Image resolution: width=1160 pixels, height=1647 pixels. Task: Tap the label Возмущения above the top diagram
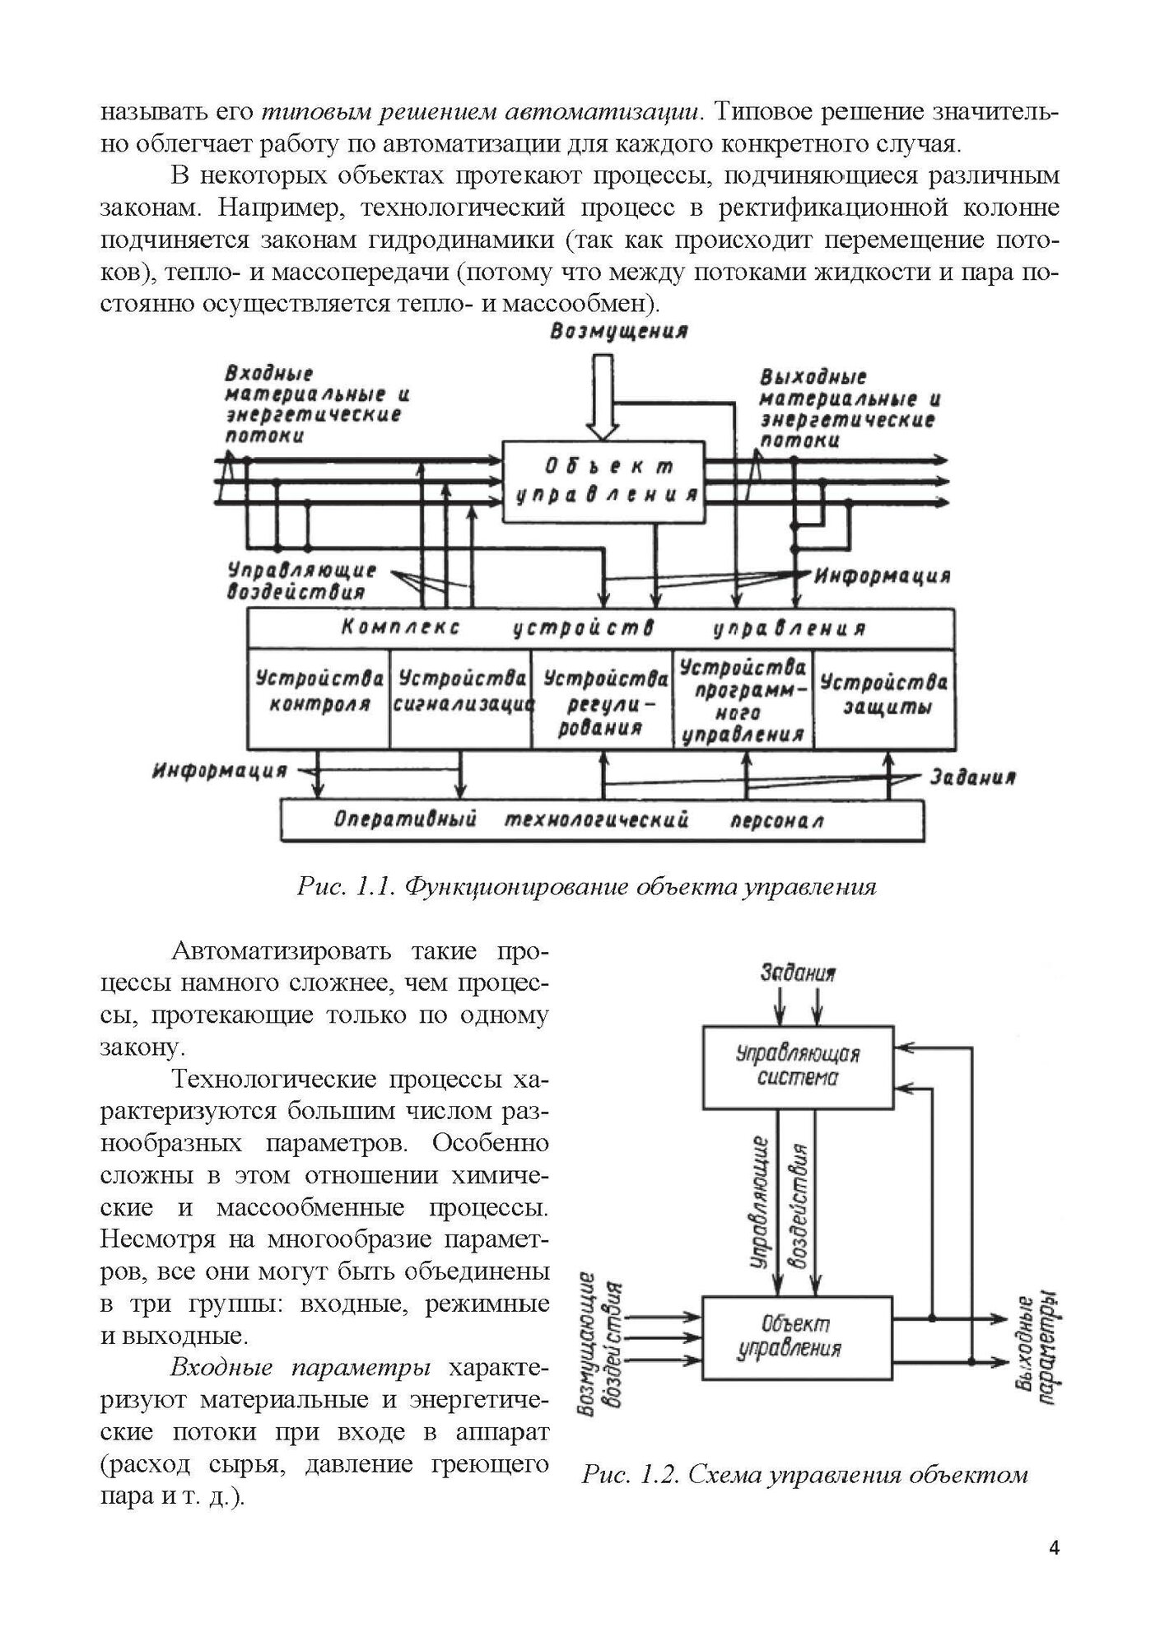click(620, 331)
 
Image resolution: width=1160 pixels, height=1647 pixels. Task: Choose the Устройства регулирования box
click(603, 699)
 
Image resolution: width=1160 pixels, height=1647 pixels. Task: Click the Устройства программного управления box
click(743, 699)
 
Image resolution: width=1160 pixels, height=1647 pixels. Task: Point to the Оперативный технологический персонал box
click(602, 820)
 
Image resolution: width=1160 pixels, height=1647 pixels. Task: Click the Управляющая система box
click(797, 1066)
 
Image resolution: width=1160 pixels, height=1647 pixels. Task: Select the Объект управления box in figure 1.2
click(797, 1337)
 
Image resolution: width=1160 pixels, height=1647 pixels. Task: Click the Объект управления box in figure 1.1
click(604, 481)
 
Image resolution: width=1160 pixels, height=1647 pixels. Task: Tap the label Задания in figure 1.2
click(798, 973)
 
